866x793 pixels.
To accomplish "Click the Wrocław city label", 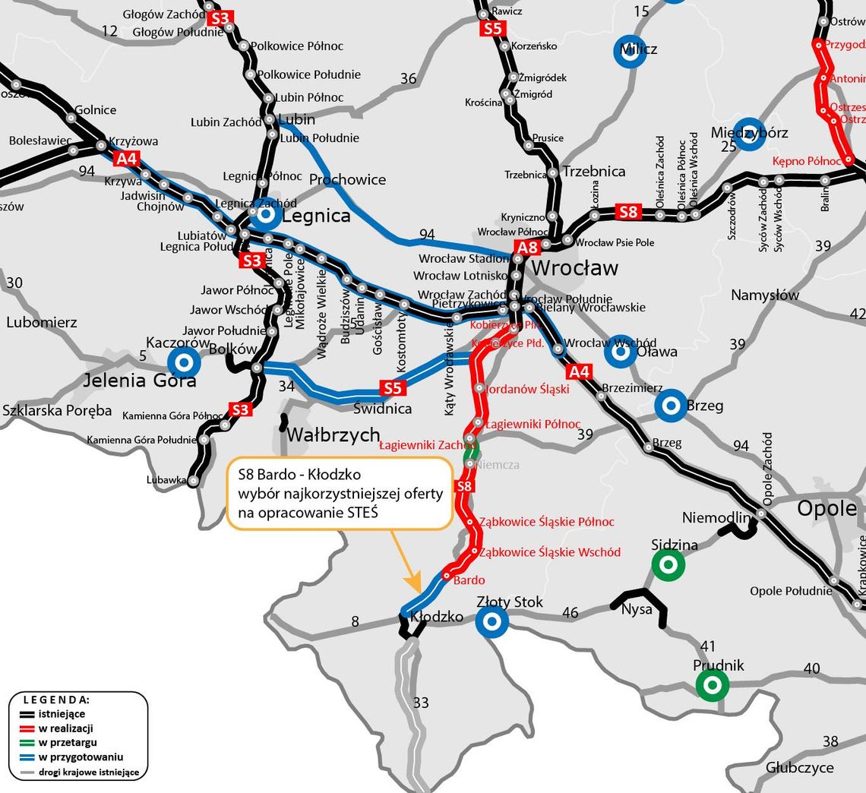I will pyautogui.click(x=574, y=268).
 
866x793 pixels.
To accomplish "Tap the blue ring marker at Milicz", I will pyautogui.click(x=630, y=52).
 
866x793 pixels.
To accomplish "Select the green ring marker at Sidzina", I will pyautogui.click(x=668, y=564).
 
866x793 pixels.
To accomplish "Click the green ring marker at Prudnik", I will pyautogui.click(x=712, y=685).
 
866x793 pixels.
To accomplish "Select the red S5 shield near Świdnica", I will pyautogui.click(x=392, y=388).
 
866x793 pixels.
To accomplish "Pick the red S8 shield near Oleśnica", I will pyautogui.click(x=628, y=212).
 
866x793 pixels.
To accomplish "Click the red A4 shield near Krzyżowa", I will pyautogui.click(x=127, y=159).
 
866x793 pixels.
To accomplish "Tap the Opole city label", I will pyautogui.click(x=826, y=508).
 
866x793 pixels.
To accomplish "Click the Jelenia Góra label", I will pyautogui.click(x=140, y=380).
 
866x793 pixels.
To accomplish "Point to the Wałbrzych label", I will pyautogui.click(x=333, y=434).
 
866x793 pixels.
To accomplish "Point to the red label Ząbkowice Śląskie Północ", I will pyautogui.click(x=546, y=523).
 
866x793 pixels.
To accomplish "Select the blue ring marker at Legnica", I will pyautogui.click(x=266, y=216).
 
